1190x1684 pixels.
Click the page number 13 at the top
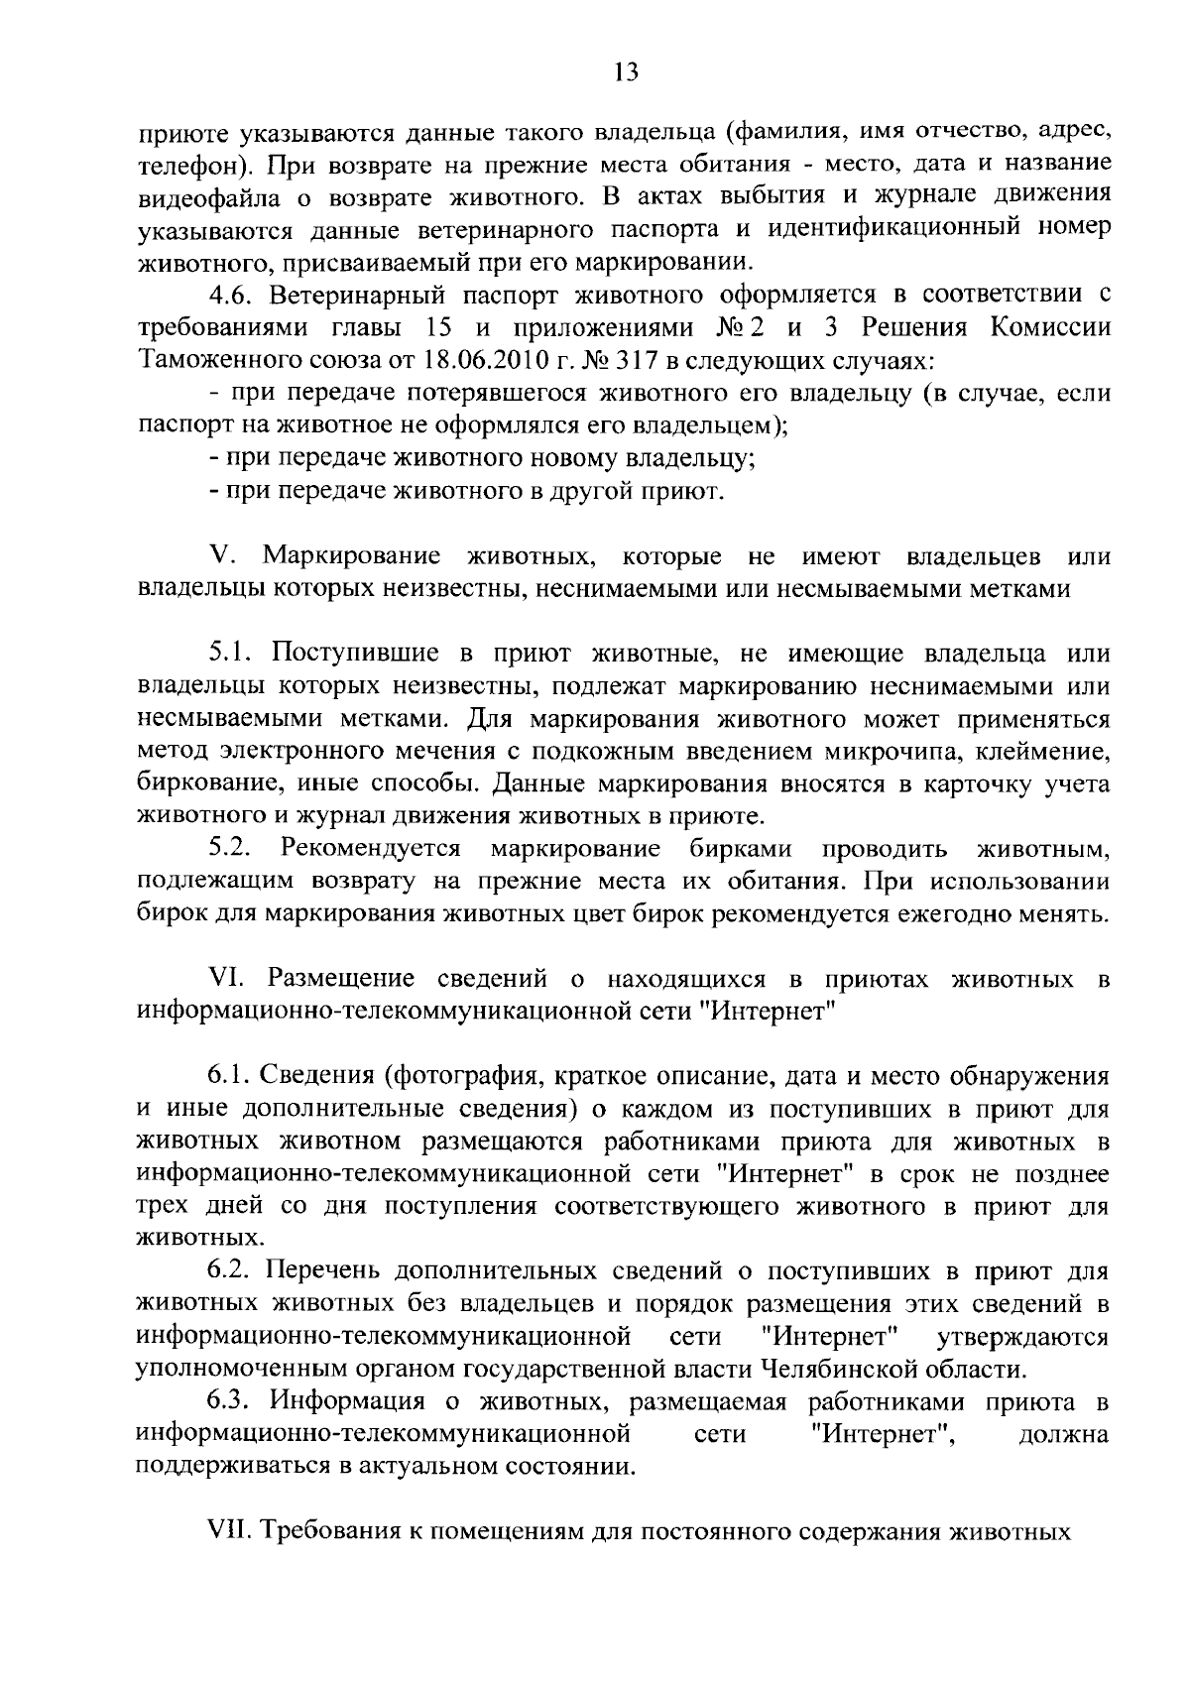click(x=626, y=70)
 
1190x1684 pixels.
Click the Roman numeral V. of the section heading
click(x=223, y=556)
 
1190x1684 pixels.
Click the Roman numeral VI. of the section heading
click(x=228, y=980)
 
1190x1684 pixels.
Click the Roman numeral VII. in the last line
click(x=232, y=1532)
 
